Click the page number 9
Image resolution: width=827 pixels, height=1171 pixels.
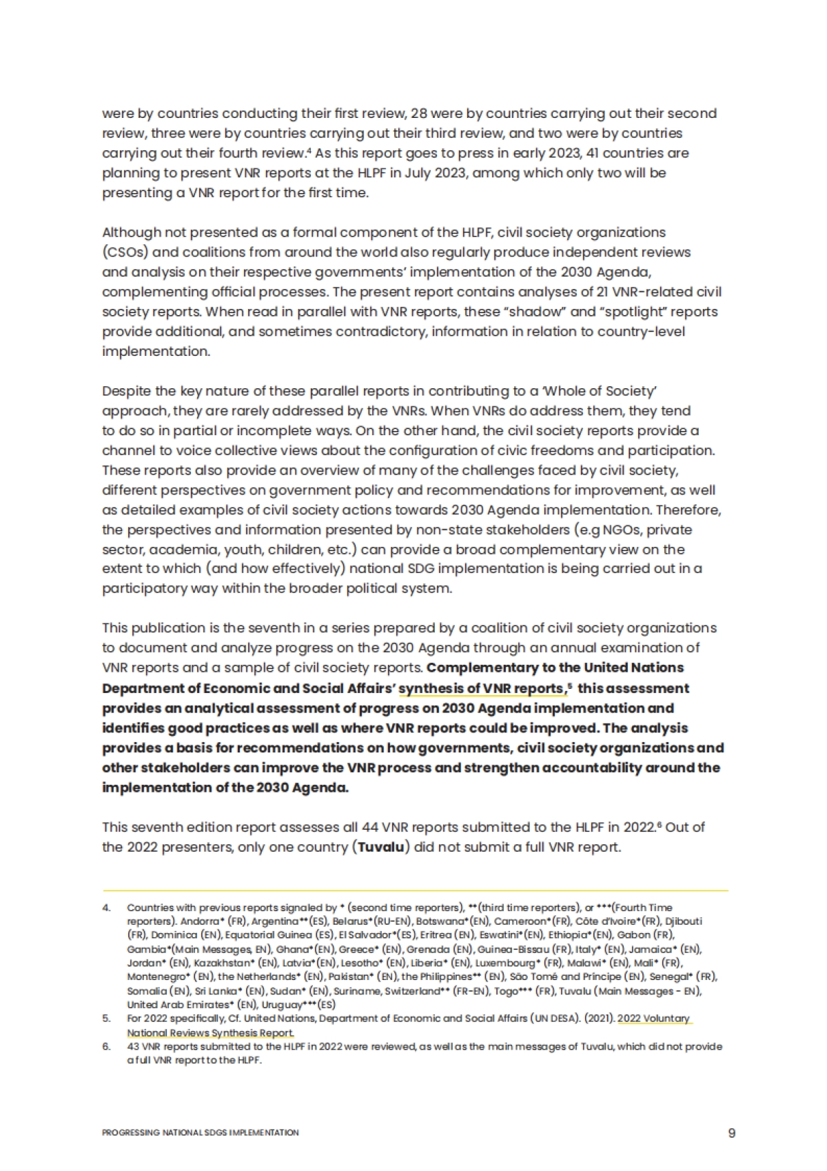point(731,1133)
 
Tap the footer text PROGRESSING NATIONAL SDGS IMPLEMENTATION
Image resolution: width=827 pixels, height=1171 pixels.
point(200,1132)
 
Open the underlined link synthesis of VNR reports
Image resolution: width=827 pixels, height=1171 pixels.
point(482,688)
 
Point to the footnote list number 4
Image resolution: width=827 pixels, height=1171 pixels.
point(106,908)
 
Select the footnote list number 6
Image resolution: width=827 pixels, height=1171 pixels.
point(106,1046)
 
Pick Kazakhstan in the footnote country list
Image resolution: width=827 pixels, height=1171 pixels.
point(222,963)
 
